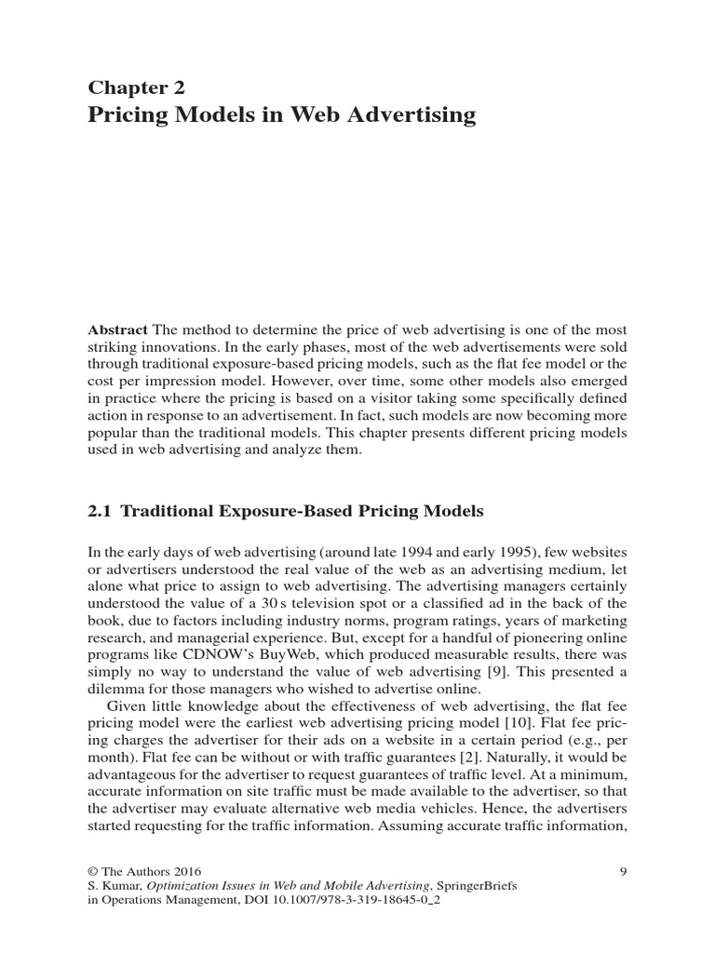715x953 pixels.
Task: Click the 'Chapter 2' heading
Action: [x=136, y=87]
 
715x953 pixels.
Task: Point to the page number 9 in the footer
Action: [x=623, y=871]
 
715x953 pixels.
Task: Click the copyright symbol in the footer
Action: [x=93, y=871]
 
